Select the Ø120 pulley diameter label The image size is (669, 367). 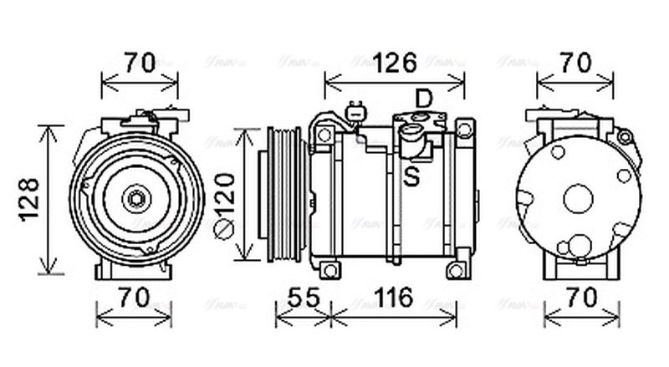click(224, 194)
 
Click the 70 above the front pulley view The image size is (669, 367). click(140, 64)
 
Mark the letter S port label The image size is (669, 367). click(411, 176)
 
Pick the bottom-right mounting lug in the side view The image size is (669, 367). click(455, 271)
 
